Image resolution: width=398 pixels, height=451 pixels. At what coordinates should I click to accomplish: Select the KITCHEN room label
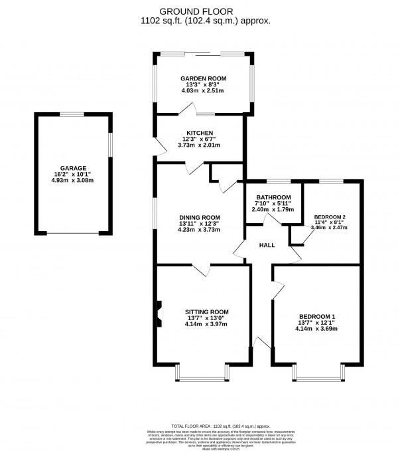click(200, 132)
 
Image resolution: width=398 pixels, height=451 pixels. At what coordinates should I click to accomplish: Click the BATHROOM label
click(274, 197)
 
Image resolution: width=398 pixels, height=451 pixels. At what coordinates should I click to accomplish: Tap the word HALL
click(267, 245)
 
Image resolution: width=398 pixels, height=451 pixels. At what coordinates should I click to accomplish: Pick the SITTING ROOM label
click(208, 312)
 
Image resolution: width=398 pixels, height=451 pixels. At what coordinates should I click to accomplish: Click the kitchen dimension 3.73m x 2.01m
click(200, 145)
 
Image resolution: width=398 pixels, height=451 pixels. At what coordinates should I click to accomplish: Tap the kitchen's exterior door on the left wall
click(156, 147)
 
